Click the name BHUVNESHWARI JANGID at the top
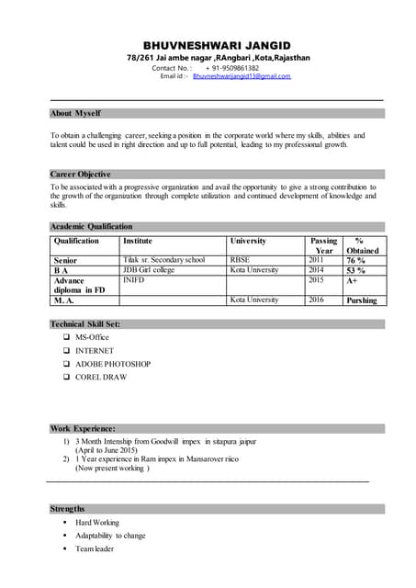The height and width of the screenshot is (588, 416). [x=216, y=45]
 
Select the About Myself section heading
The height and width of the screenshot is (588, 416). [x=75, y=113]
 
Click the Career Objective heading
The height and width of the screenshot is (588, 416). [x=81, y=174]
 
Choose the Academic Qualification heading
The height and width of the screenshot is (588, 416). [x=91, y=226]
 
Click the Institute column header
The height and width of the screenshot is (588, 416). [x=138, y=241]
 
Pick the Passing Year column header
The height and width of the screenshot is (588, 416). [x=324, y=245]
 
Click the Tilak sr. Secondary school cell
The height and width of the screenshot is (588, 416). [x=164, y=260]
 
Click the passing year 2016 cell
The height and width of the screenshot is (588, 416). [x=316, y=300]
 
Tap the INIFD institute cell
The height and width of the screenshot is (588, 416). [x=134, y=280]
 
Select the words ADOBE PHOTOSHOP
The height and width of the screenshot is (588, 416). [x=113, y=364]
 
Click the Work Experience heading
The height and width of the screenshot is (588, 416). [x=83, y=428]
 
